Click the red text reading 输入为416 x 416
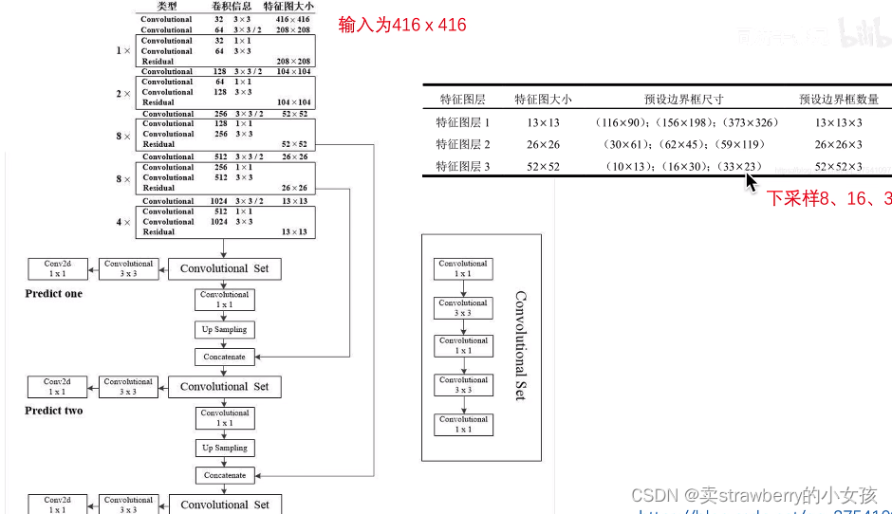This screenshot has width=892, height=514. pos(402,26)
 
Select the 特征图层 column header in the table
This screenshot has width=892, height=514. pos(462,99)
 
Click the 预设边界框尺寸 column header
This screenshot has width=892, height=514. pos(683,99)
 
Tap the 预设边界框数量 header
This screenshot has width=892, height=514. pos(839,99)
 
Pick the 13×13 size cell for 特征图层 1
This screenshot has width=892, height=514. pos(537,122)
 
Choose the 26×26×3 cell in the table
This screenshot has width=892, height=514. pos(839,145)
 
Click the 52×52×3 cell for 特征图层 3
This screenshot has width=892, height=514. pos(839,168)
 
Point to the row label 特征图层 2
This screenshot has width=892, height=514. pos(463,145)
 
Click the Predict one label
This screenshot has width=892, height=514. pos(54,294)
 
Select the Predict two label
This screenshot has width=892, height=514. pos(54,412)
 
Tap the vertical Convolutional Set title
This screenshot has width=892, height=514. pos(520,346)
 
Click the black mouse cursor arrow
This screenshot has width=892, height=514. pos(752,180)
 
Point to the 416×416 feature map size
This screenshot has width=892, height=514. pos(294,19)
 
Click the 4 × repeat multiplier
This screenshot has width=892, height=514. pos(123,222)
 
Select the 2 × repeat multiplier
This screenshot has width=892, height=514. pos(123,93)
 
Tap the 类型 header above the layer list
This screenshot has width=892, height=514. pos(166,7)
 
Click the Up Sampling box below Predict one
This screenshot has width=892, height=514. pos(225,330)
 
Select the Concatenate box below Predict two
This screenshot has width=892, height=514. pos(225,475)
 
